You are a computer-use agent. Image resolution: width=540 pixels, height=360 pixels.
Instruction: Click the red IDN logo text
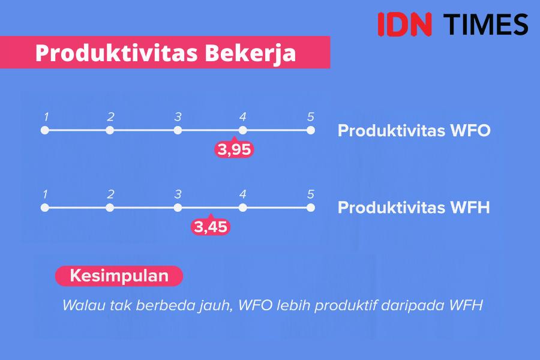[x=404, y=24]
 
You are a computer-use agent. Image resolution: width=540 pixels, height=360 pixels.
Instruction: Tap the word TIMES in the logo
[x=485, y=24]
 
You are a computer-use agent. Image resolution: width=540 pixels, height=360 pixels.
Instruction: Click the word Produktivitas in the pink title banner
[x=116, y=53]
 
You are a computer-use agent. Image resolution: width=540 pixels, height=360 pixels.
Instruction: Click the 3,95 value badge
[x=234, y=149]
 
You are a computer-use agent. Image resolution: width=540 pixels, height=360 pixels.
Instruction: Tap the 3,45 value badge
[x=211, y=226]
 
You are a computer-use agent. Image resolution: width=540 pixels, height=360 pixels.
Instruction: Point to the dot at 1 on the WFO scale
[x=45, y=130]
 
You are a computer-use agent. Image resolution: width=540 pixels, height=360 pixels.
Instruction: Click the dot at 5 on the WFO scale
[x=311, y=130]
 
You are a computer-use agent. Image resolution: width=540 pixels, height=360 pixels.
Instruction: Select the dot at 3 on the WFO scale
[x=178, y=130]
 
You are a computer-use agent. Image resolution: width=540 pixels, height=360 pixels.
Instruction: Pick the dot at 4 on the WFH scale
[x=243, y=208]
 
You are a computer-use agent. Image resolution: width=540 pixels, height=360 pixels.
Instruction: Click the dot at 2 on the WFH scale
[x=110, y=208]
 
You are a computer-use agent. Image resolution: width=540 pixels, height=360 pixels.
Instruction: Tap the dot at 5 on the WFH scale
[x=311, y=208]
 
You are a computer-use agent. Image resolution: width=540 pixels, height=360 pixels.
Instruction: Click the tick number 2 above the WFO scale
[x=110, y=117]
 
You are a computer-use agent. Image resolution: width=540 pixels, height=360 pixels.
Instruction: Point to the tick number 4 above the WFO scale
[x=243, y=117]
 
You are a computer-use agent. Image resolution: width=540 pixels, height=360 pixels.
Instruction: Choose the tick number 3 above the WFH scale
[x=178, y=194]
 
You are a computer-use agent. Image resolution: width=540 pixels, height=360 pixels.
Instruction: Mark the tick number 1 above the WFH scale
[x=46, y=194]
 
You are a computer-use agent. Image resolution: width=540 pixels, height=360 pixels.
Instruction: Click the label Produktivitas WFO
[x=414, y=131]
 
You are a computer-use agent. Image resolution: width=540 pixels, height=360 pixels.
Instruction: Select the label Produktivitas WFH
[x=413, y=208]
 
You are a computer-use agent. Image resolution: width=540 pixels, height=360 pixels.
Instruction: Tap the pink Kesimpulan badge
[x=119, y=276]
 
